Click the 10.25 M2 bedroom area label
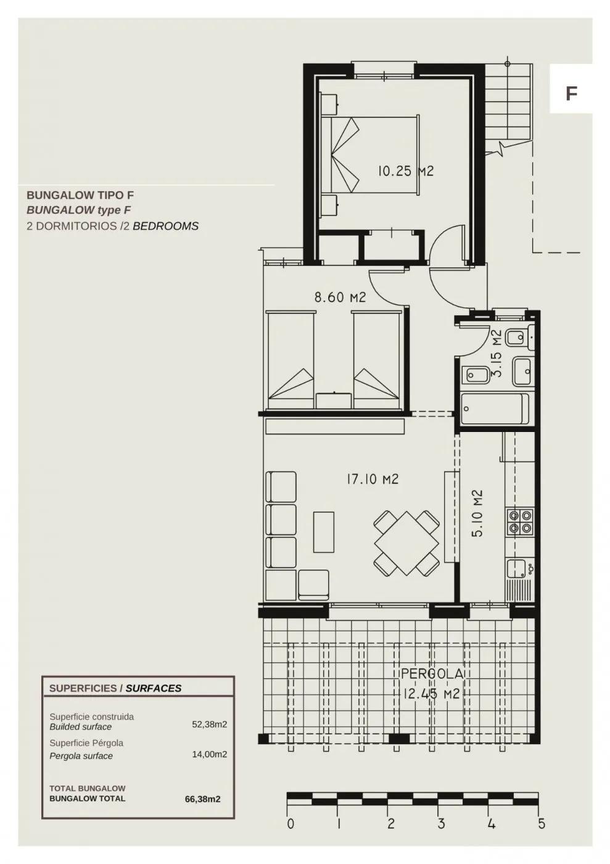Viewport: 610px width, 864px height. [405, 171]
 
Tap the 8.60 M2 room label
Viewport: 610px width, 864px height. [340, 297]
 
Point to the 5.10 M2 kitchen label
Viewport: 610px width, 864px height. [476, 513]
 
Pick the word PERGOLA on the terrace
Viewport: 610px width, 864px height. [432, 674]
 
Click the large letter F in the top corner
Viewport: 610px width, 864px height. [571, 94]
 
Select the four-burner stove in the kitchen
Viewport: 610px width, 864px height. [519, 521]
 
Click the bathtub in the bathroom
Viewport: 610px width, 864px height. [495, 409]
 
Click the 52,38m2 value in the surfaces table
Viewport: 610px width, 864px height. [209, 725]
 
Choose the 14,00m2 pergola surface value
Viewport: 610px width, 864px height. [209, 754]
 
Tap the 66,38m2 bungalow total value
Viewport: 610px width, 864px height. [202, 799]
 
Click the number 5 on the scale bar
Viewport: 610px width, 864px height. [542, 823]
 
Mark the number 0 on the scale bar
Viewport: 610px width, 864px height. [291, 823]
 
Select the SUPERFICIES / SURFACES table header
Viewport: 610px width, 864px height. [115, 688]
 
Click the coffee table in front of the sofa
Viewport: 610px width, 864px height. [324, 531]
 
